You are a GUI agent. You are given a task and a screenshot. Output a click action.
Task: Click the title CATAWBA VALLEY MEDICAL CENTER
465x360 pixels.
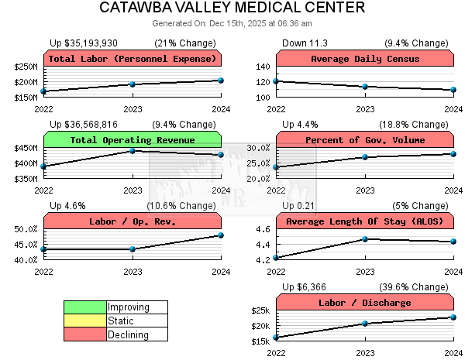tap(232, 9)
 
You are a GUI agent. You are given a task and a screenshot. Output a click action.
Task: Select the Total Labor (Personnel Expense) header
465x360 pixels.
tap(133, 59)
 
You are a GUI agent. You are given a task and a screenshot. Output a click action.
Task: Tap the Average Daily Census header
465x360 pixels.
tap(364, 59)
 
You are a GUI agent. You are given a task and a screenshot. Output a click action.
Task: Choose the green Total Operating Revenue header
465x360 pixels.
tap(133, 140)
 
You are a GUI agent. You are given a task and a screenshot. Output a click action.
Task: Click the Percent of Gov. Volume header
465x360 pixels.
tap(364, 140)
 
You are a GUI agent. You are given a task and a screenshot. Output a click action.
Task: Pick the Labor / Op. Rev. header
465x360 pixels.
tap(133, 221)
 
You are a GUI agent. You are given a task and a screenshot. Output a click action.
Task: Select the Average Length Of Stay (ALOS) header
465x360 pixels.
tap(364, 221)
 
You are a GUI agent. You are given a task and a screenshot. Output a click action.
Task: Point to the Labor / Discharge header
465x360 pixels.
tap(364, 303)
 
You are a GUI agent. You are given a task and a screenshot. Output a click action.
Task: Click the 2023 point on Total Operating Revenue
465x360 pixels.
tap(133, 150)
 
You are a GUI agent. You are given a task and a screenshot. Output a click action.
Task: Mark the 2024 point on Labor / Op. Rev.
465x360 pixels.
tap(221, 235)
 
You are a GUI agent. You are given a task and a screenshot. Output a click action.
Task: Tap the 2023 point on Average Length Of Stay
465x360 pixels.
tap(364, 239)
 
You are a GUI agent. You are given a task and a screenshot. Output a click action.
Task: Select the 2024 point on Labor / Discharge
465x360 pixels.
tap(453, 317)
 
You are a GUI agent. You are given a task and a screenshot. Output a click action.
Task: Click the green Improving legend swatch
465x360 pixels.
tap(85, 307)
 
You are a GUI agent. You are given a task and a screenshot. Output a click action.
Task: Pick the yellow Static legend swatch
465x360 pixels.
tap(85, 321)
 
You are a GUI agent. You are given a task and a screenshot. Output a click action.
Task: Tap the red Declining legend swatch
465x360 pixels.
tap(85, 335)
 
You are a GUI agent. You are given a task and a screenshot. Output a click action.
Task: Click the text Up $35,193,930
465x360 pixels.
tap(84, 43)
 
